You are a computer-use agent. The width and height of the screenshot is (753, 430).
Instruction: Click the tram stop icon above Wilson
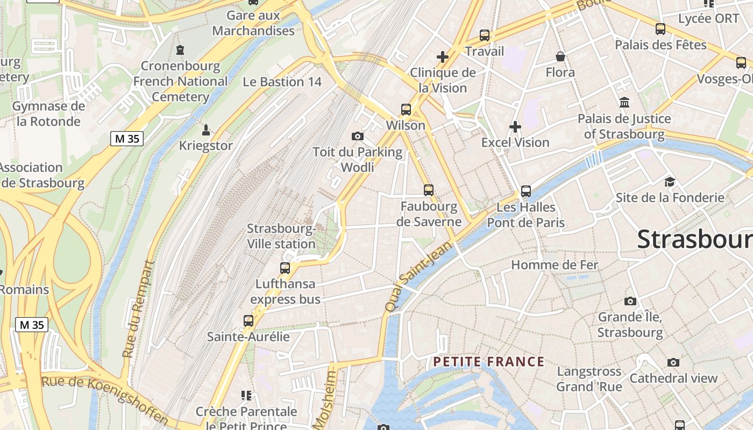point(406,110)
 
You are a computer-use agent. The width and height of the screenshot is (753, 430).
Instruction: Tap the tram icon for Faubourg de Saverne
point(429,190)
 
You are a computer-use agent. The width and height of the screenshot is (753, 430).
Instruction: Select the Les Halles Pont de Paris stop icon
point(526,191)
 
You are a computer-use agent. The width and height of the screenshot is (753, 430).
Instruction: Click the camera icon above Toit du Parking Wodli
point(357,137)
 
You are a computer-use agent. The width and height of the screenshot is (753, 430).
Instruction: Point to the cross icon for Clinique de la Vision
point(443,56)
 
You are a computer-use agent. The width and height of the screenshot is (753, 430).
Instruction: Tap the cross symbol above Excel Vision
point(515,127)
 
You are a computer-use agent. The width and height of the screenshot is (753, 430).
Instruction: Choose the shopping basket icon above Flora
point(560,56)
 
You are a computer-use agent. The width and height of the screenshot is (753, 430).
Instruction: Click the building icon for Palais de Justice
point(624,102)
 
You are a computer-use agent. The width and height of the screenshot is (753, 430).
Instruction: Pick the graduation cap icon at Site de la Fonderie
point(670,182)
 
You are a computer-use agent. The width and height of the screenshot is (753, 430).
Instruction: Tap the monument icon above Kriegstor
point(205,130)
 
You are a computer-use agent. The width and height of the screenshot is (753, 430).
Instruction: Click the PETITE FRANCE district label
point(489,362)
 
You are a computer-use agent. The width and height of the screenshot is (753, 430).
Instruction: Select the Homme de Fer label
point(555,264)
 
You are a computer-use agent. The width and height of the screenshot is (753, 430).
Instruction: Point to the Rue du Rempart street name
point(138,309)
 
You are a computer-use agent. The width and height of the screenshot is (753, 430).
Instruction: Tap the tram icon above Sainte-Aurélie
point(248,321)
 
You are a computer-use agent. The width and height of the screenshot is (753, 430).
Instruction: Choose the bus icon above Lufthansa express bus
point(285,268)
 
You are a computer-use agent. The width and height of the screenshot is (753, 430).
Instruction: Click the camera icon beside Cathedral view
point(673,363)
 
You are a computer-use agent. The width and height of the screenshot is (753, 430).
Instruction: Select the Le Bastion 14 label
point(282,82)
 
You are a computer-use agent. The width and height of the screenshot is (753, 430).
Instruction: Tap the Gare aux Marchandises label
point(253,23)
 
